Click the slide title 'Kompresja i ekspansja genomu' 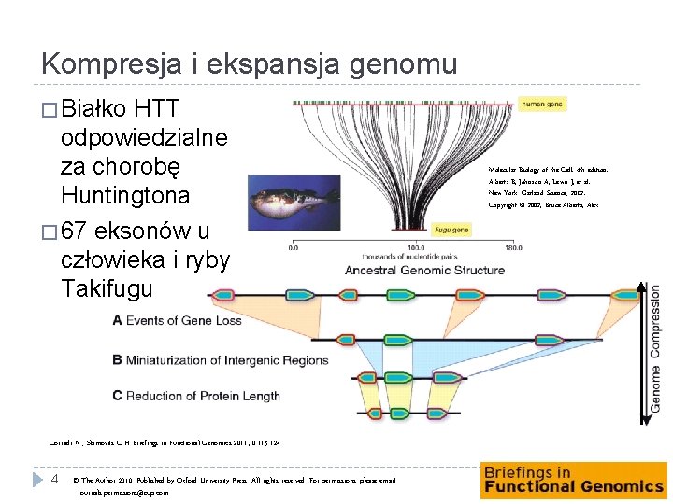(x=249, y=63)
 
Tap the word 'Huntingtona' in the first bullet (x=124, y=196)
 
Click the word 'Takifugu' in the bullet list (x=107, y=288)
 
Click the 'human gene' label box (x=541, y=105)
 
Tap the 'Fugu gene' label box (x=452, y=229)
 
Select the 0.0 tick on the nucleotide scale (x=294, y=248)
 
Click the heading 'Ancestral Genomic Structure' (x=424, y=271)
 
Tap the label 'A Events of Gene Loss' (x=177, y=320)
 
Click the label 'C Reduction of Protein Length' (x=195, y=396)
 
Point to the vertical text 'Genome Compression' (x=655, y=348)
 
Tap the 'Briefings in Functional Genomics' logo (x=574, y=480)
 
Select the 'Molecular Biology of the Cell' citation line (x=547, y=171)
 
